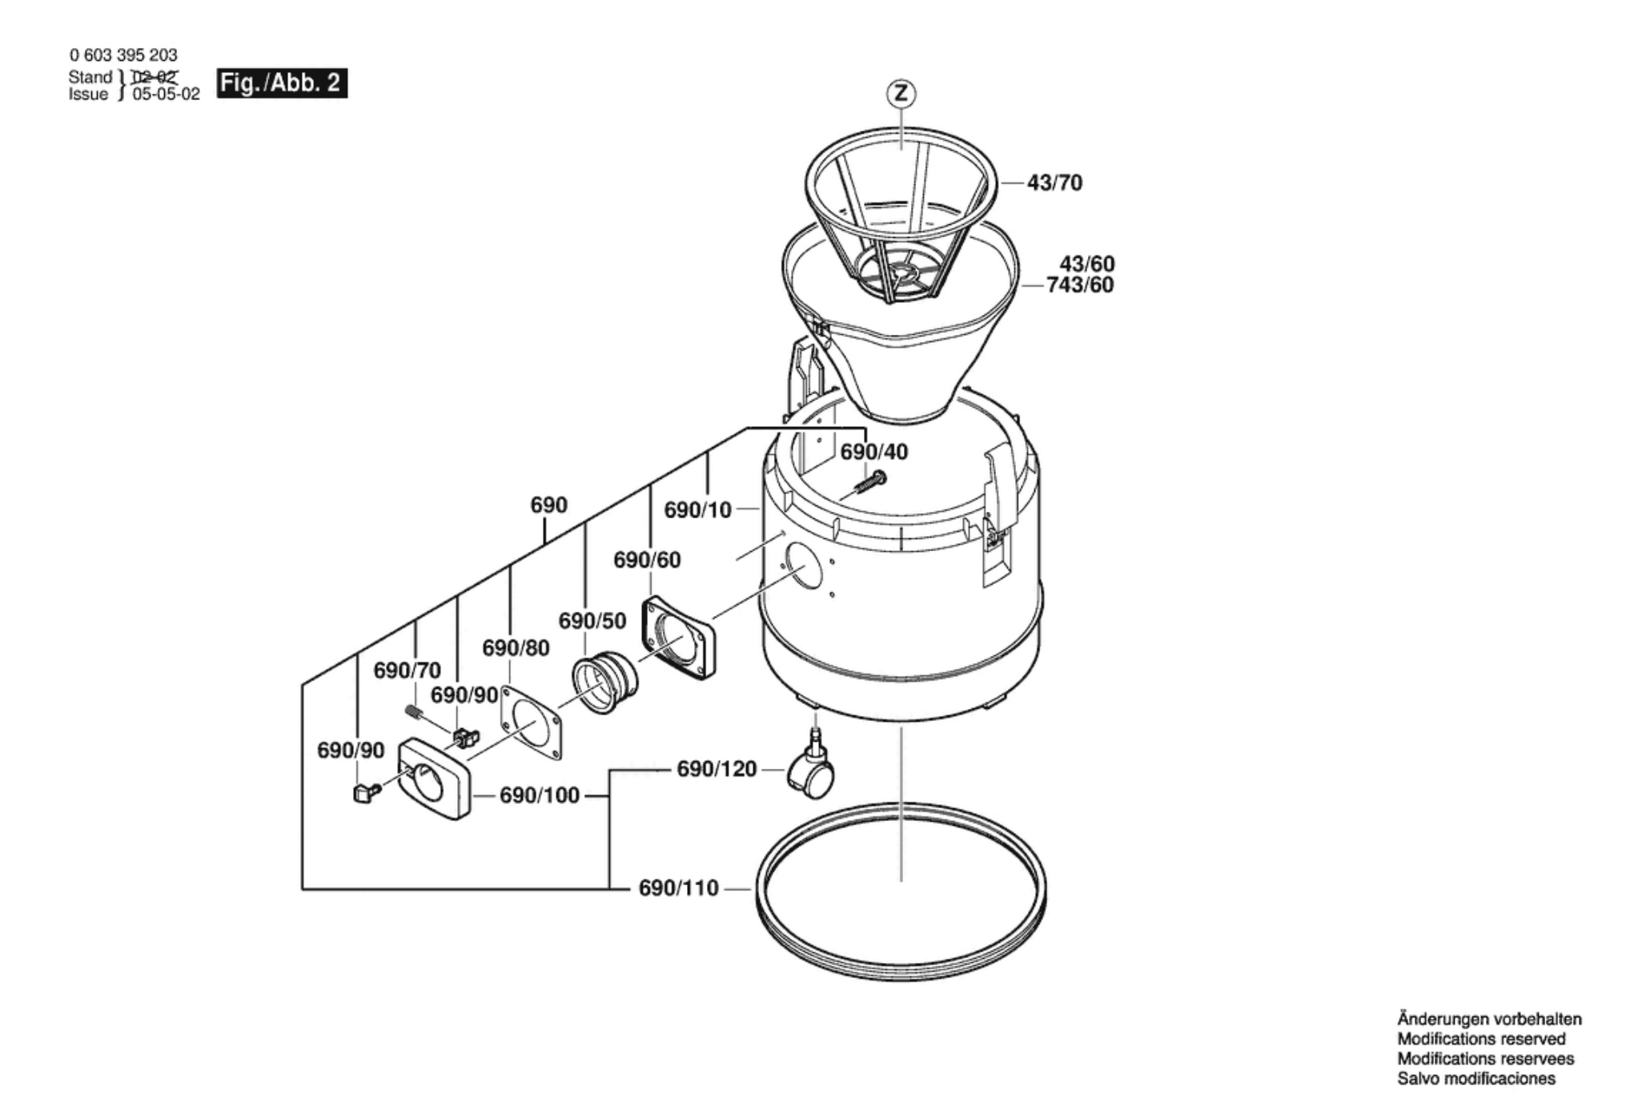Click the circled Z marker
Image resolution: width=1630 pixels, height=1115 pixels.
tap(901, 94)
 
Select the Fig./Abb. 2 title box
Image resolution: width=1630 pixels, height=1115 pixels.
tap(282, 83)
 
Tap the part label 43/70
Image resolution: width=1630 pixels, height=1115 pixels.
tap(1054, 183)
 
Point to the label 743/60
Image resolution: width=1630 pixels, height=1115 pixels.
tap(1080, 285)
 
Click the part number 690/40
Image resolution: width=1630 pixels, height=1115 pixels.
tap(873, 453)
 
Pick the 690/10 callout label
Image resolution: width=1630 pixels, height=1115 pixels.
tap(697, 509)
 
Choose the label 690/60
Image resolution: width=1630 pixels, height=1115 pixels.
tap(647, 560)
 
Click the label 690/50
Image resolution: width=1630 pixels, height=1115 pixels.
tap(592, 621)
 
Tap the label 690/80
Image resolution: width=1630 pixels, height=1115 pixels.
tap(516, 648)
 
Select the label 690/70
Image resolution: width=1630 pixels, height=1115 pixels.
tap(407, 670)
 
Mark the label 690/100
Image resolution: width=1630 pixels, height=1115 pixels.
tap(539, 795)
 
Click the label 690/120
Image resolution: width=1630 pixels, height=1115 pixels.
tap(717, 769)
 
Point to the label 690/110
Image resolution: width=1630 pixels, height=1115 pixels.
tap(678, 888)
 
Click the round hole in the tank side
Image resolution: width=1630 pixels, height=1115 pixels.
tap(803, 566)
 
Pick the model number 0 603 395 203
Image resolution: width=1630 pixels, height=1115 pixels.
tap(123, 55)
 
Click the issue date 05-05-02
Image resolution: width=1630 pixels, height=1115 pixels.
tap(166, 95)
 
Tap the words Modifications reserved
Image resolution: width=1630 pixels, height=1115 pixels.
tap(1481, 1039)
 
